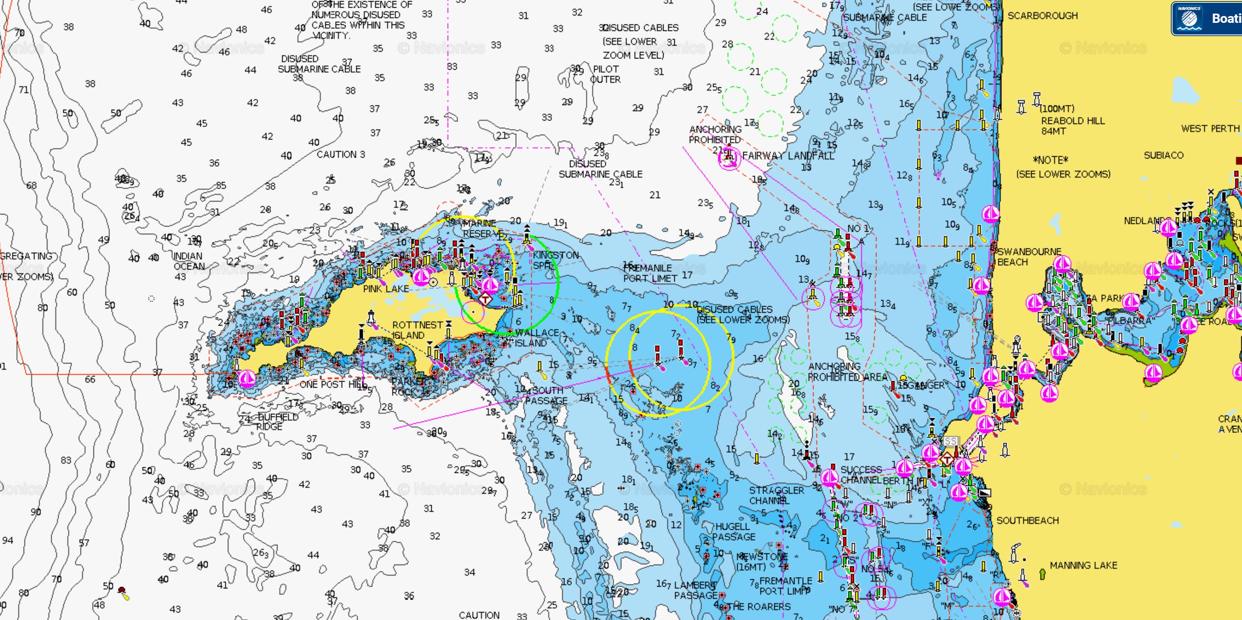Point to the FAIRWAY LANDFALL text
pos(788,156)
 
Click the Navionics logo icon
pos(1189,18)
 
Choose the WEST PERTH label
pos(1210,129)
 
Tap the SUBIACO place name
pos(1163,155)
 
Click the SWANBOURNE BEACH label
pos(1029,257)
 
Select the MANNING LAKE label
pos(1083,565)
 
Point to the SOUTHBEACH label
pos(1028,521)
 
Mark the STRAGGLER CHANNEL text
pos(776,495)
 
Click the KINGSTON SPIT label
pos(555,260)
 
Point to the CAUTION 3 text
pos(340,155)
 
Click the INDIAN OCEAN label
pos(188,261)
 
